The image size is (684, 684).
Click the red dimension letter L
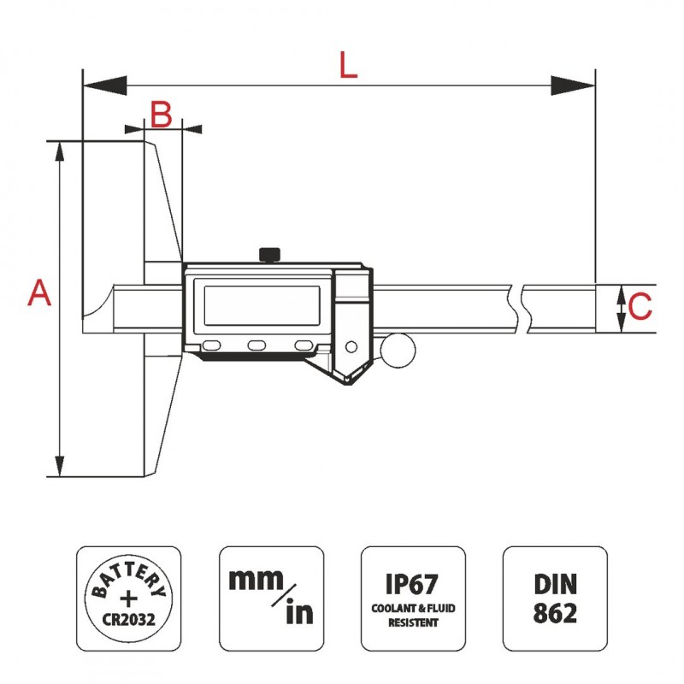click(347, 65)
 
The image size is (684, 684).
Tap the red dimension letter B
click(162, 114)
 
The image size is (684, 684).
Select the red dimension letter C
click(640, 305)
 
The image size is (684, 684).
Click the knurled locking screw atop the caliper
click(269, 254)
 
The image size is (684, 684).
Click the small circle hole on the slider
click(351, 346)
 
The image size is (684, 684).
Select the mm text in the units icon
click(256, 579)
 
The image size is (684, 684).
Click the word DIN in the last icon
click(555, 584)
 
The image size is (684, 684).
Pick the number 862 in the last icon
click(555, 613)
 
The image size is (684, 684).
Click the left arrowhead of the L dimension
click(103, 85)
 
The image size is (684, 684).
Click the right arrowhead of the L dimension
click(574, 85)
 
